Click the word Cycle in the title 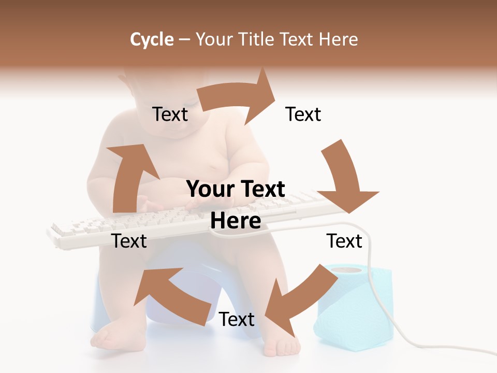point(152,39)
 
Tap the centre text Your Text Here point(236,205)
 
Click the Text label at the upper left point(170,114)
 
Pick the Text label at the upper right point(303,114)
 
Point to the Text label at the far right point(344,241)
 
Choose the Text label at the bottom point(237,320)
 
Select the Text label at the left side point(129,241)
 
